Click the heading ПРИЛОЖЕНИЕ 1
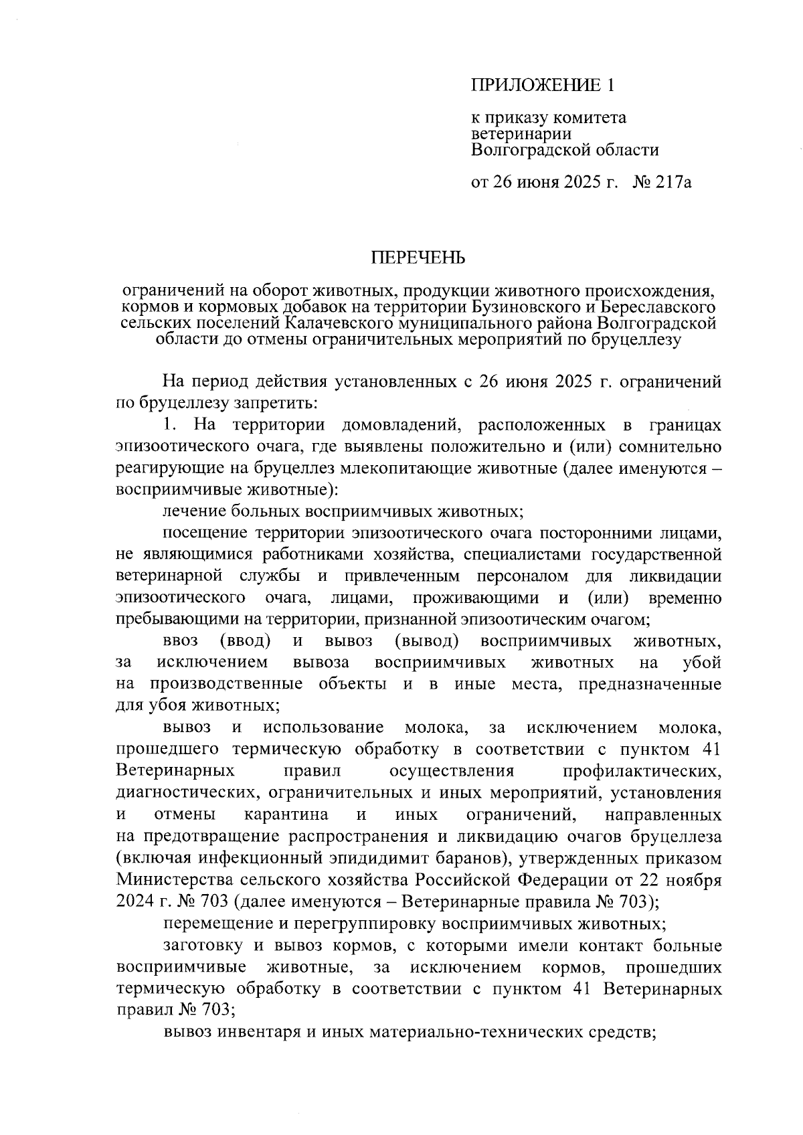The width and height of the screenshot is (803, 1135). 542,85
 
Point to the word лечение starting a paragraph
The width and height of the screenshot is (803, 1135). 195,512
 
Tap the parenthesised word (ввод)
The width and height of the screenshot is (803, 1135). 245,641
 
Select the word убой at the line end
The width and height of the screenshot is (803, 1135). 701,663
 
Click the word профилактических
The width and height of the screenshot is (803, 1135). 642,771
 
